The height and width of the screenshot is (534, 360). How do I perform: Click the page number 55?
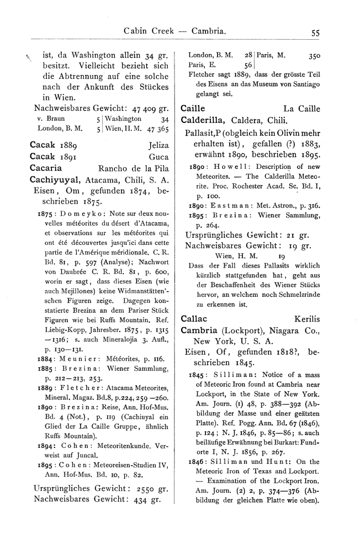pos(316,33)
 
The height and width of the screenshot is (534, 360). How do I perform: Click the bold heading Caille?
pos(193,109)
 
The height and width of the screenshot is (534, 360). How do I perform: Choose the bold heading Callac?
pos(194,319)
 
